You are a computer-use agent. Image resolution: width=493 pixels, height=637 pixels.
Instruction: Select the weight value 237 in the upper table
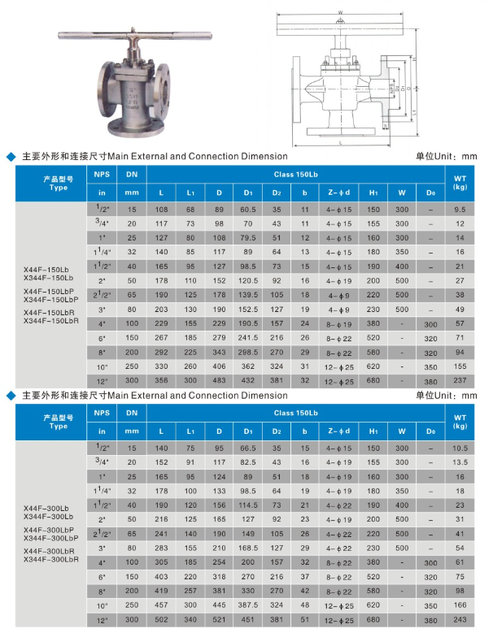pos(460,380)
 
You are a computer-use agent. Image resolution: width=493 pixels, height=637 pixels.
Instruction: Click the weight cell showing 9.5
pos(460,209)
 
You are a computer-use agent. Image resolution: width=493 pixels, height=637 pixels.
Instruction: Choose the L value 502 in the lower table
pos(161,620)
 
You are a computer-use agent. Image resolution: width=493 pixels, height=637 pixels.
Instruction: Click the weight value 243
pos(460,620)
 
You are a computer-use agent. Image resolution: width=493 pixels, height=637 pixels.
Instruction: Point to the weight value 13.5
pos(460,461)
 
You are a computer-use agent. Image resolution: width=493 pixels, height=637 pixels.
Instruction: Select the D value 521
pos(218,620)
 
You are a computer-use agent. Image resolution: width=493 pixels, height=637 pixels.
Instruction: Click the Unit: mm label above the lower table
pos(447,396)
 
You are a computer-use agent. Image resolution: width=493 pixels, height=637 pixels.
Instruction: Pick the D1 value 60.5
pos(245,209)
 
